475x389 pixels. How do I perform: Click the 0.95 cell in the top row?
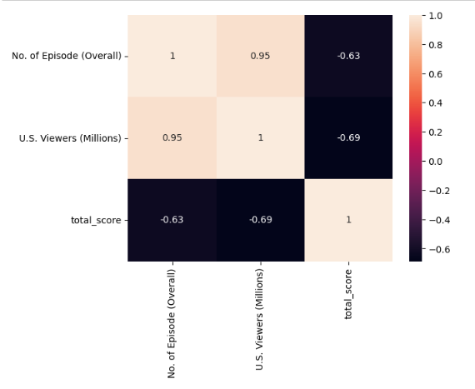260,56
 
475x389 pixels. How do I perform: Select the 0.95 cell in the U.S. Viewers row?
172,137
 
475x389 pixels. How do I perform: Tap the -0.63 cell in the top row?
347,56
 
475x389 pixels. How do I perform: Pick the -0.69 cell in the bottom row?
260,220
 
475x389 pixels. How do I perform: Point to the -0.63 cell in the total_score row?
172,220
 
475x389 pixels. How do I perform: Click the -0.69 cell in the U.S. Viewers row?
347,137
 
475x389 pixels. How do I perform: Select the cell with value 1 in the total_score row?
347,220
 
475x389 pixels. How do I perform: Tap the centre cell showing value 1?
260,137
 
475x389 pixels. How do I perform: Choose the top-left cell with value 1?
172,56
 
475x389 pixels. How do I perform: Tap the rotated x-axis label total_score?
348,293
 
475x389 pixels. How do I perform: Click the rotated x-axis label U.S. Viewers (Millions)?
260,319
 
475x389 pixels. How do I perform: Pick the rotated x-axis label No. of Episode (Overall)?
172,323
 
